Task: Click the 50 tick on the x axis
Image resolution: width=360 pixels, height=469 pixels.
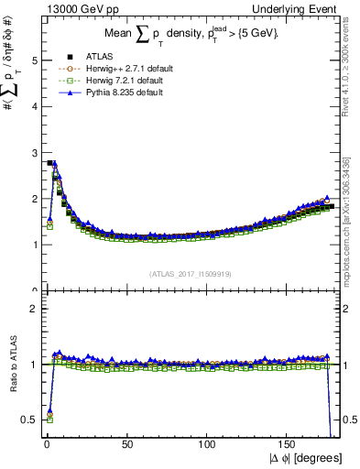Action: (x=126, y=443)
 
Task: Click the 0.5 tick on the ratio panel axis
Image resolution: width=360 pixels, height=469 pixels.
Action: (x=29, y=420)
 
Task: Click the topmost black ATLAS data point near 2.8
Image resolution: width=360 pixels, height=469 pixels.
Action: (x=49, y=163)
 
